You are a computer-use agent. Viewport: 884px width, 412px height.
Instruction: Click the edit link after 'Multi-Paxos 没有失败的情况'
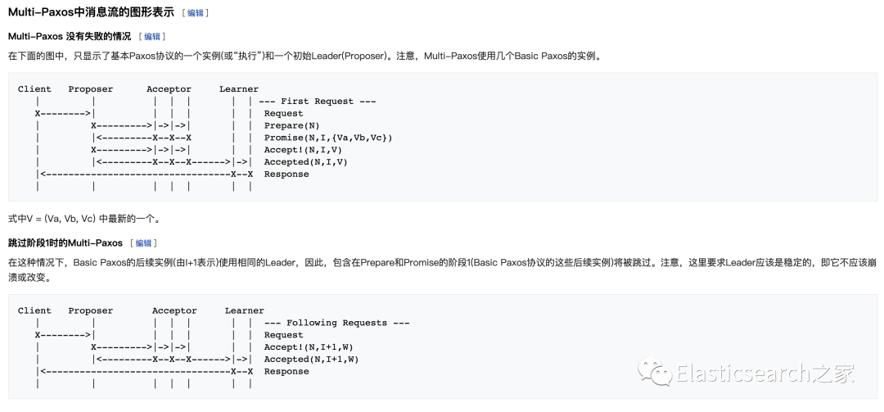pos(151,37)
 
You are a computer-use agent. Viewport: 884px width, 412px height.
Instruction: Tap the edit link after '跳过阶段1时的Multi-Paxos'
pos(143,243)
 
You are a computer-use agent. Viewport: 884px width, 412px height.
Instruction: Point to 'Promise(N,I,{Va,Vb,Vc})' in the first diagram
pos(327,138)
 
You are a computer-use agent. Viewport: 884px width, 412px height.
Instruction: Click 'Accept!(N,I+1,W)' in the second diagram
pos(309,347)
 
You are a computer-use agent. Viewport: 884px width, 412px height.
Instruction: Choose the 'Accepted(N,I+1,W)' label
pos(311,360)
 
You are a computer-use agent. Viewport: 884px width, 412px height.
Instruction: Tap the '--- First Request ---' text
pos(317,102)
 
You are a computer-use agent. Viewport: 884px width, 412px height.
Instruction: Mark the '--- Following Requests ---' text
pos(336,323)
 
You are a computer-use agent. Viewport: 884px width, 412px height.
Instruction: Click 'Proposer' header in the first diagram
pos(91,89)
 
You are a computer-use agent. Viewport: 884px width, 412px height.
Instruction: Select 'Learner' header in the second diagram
pos(244,311)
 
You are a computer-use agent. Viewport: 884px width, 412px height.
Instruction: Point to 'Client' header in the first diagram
pos(34,89)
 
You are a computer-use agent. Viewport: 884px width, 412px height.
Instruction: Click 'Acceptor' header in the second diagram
pos(174,311)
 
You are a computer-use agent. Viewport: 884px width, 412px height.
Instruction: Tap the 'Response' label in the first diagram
pos(286,174)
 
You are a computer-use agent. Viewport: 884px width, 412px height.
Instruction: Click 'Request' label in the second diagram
pos(283,335)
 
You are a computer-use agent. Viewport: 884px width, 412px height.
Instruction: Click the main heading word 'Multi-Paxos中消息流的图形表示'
pos(91,12)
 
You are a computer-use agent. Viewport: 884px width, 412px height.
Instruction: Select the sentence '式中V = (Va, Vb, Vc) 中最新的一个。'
pos(83,219)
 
